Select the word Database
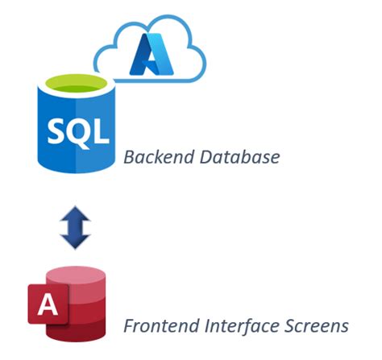pyautogui.click(x=238, y=156)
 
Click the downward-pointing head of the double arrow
pyautogui.click(x=73, y=240)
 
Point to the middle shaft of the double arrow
pyautogui.click(x=73, y=226)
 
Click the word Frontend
pyautogui.click(x=157, y=325)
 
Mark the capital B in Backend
pyautogui.click(x=129, y=156)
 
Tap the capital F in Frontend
pyautogui.click(x=128, y=325)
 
